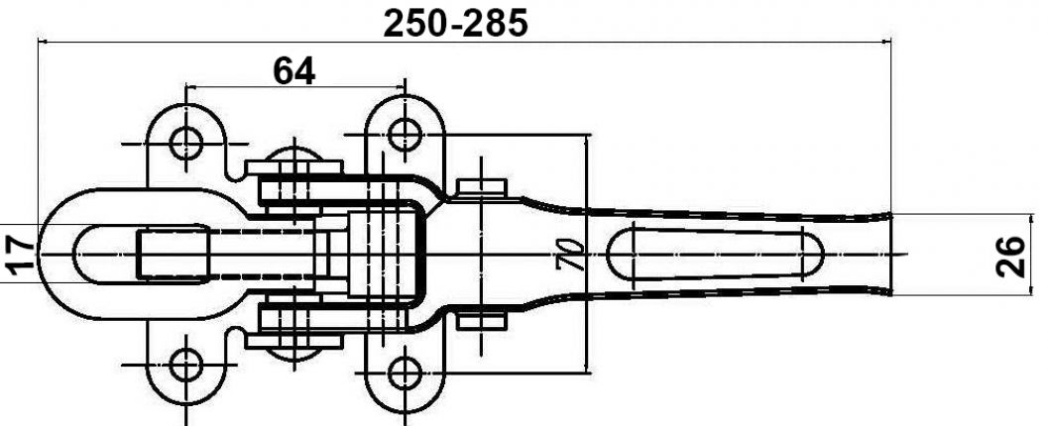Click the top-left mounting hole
pos(185,142)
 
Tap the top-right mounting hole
pos(402,131)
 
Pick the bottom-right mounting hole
pos(402,373)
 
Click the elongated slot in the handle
pos(714,255)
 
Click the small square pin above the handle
pos(483,188)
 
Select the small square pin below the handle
pos(483,321)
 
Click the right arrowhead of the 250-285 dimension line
pos(886,42)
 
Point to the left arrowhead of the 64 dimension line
pos(190,87)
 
